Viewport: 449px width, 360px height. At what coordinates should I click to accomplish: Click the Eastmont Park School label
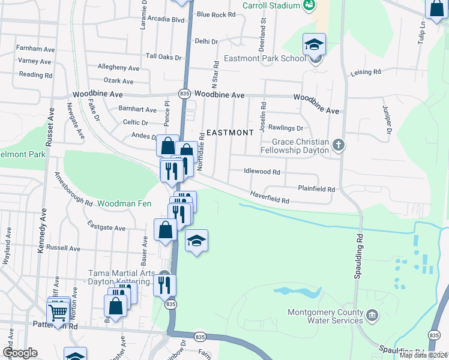coord(265,58)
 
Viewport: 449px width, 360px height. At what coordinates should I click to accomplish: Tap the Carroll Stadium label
coord(271,5)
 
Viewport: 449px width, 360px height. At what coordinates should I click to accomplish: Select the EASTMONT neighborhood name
coord(230,132)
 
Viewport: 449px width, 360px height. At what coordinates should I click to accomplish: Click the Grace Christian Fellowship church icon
coord(339,145)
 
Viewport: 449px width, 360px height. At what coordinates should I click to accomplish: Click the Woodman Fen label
coord(125,204)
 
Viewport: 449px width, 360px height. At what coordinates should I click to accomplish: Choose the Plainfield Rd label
coord(316,189)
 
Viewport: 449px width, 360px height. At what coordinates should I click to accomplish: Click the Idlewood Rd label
coord(262,172)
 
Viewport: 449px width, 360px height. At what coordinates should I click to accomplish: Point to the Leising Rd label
coord(366,72)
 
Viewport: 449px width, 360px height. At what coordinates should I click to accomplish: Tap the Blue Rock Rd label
coord(215,14)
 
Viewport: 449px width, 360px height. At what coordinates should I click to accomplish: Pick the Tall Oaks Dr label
coord(164,56)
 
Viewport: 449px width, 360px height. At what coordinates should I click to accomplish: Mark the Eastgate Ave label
coord(106,228)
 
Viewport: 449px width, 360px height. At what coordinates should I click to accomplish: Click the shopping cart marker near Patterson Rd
coord(58,312)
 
